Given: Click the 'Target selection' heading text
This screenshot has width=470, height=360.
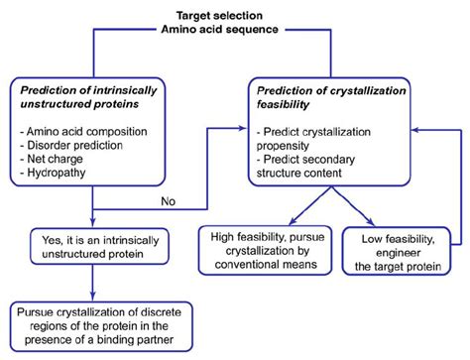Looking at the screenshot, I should tap(234, 16).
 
